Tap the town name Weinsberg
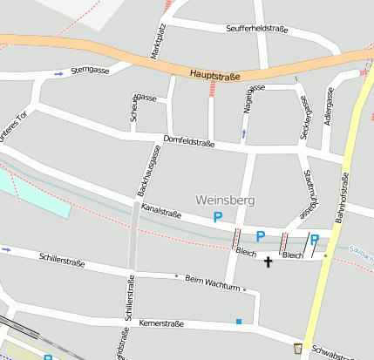(x=226, y=200)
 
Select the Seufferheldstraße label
(x=256, y=29)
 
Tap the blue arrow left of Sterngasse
(x=58, y=74)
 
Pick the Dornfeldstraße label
(x=188, y=141)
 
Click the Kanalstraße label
(x=160, y=212)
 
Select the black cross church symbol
(x=268, y=261)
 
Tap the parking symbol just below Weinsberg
(x=218, y=217)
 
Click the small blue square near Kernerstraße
(x=239, y=322)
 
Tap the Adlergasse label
(x=329, y=106)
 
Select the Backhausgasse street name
(x=148, y=170)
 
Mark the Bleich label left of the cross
(x=245, y=252)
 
